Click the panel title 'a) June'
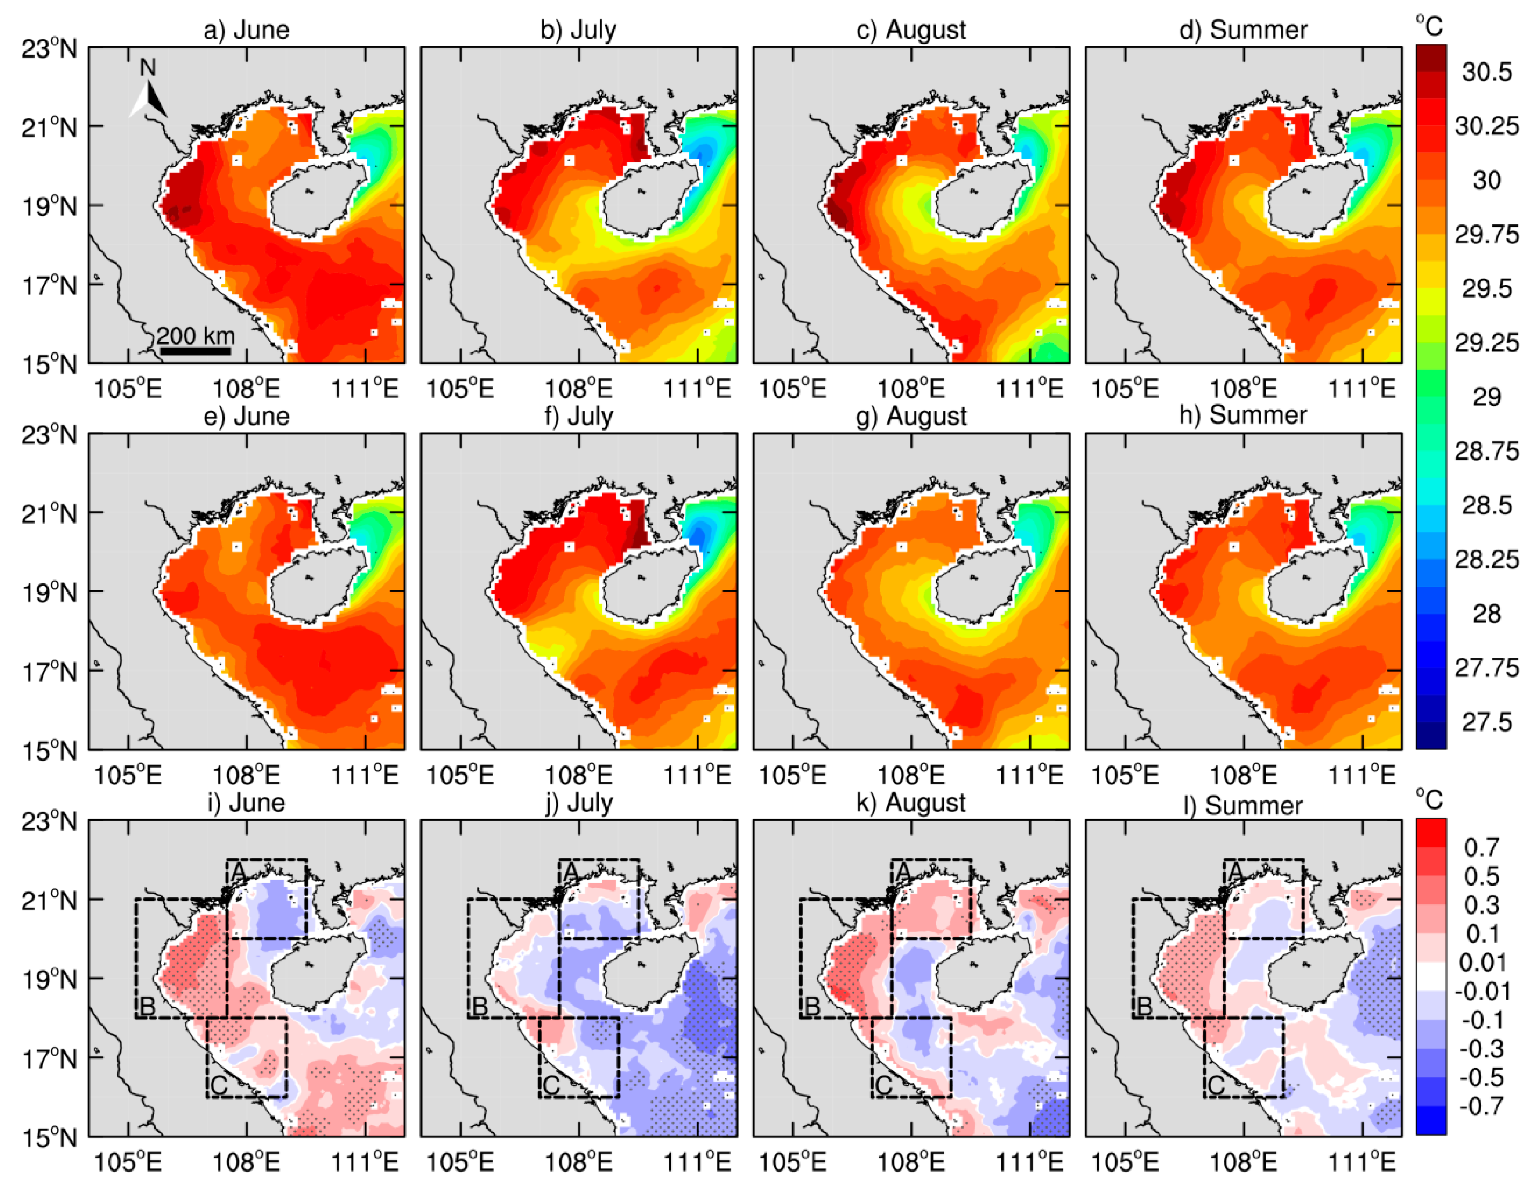[x=246, y=29]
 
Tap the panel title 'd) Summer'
[x=1243, y=29]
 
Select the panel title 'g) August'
[x=910, y=416]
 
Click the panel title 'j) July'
[x=579, y=802]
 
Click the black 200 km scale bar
[x=195, y=351]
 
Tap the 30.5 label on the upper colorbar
[x=1487, y=72]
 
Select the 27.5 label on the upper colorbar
[x=1487, y=722]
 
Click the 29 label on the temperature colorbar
[x=1487, y=397]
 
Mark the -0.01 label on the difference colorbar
[x=1482, y=991]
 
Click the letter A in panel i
[x=238, y=873]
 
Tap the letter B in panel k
[x=812, y=1007]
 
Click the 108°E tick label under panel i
[x=246, y=1162]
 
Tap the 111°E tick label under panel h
[x=1362, y=776]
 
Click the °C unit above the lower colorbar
[x=1429, y=799]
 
